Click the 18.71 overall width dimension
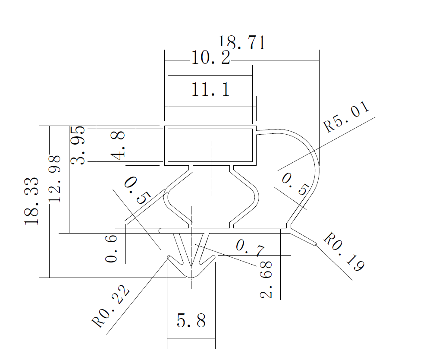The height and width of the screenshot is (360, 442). (242, 43)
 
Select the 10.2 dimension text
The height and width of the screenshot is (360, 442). (210, 58)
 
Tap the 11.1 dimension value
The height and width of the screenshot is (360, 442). (210, 90)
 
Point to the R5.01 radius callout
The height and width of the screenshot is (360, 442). (347, 117)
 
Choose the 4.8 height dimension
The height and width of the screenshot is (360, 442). (117, 145)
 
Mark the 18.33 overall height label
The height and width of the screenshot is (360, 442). (32, 200)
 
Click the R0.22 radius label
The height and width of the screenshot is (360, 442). (111, 307)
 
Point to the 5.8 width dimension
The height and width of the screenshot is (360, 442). (191, 321)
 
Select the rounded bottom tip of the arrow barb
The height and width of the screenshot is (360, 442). (191, 275)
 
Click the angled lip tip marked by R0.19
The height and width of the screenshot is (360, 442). (315, 244)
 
